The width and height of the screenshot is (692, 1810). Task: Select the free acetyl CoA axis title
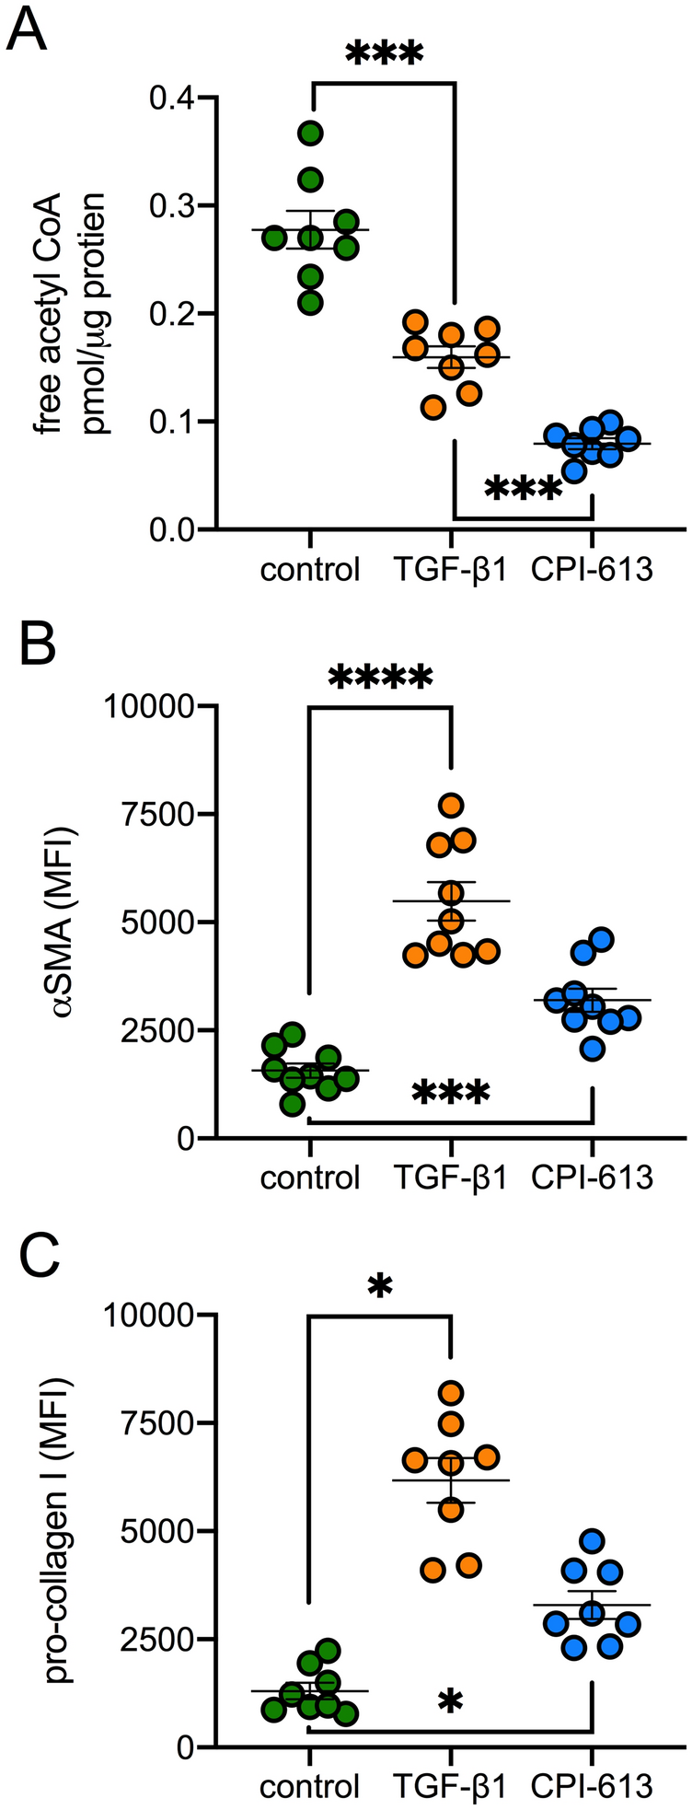78,313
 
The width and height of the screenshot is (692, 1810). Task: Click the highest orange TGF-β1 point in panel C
451,1393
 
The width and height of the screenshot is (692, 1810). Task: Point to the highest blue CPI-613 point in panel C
593,1540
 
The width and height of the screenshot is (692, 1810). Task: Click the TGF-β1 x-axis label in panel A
451,571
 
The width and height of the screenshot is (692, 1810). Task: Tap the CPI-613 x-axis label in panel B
592,1178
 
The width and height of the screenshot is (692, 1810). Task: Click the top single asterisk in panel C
379,1287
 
